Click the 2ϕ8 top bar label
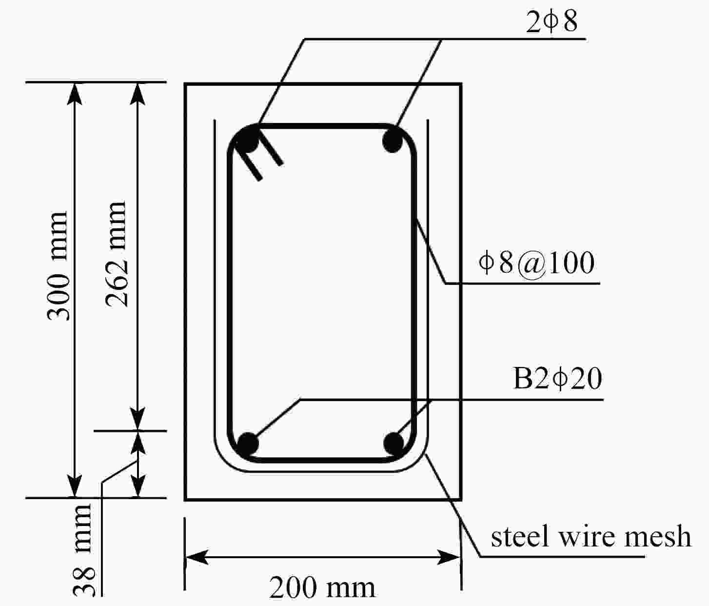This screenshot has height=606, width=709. coord(551,21)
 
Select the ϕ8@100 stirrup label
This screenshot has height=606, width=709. coord(536,263)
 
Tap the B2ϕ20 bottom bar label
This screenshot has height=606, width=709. coord(558,379)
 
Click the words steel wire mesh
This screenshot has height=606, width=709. coord(591,537)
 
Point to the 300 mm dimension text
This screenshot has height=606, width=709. coord(59,266)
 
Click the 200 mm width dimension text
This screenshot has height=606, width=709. coord(322,588)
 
